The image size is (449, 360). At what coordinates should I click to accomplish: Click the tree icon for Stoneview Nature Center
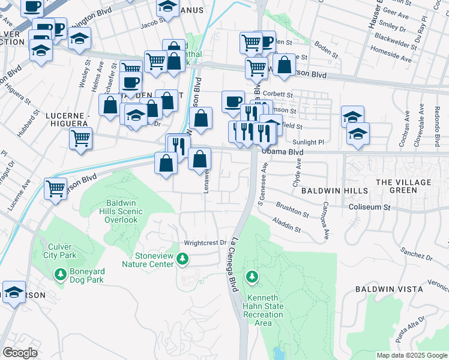click(x=184, y=259)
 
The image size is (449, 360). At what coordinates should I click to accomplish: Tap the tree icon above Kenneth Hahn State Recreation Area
click(x=252, y=277)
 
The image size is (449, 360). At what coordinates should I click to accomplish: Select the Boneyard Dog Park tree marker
click(x=60, y=275)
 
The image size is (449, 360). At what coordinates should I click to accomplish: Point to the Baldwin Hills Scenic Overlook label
click(x=122, y=211)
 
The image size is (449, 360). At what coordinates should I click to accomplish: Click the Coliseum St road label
click(x=369, y=208)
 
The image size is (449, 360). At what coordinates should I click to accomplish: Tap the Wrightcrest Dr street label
click(x=204, y=243)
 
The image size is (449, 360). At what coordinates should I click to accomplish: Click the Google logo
click(x=20, y=353)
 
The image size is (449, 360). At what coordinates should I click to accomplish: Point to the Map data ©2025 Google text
click(x=411, y=355)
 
